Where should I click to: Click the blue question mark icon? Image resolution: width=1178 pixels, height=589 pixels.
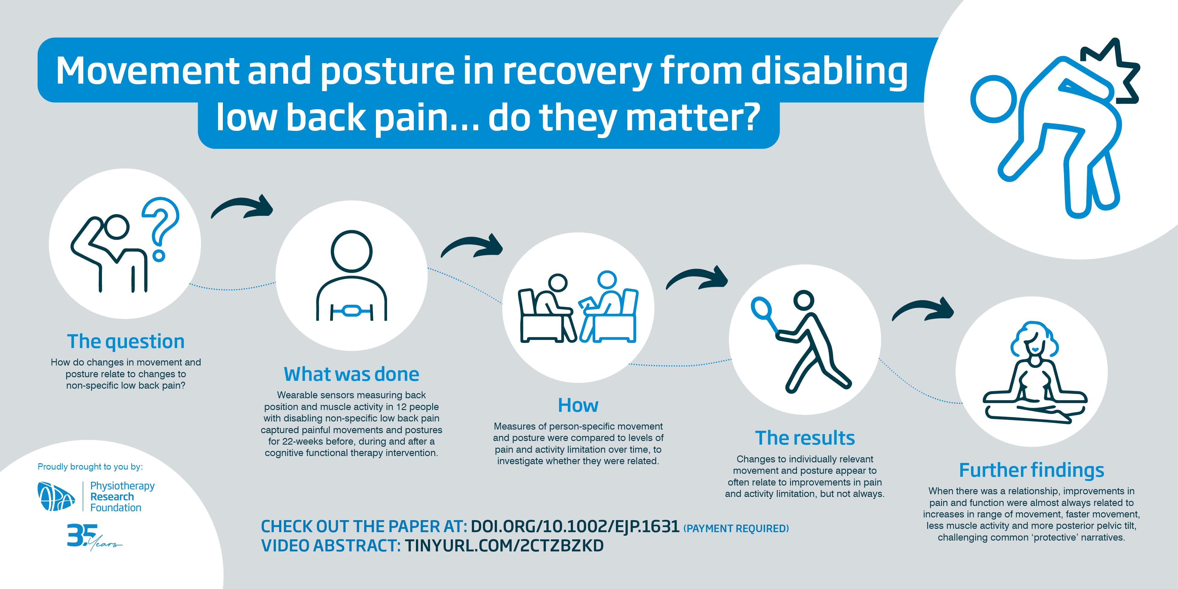pos(160,224)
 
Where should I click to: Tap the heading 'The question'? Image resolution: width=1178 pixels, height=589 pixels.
pos(126,342)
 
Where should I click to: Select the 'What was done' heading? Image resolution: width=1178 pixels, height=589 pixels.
pos(351,374)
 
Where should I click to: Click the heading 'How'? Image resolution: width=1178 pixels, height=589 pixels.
pos(578,406)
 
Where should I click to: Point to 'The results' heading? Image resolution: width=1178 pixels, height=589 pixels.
pos(805,438)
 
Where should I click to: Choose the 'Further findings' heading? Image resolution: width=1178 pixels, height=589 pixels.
pos(1031,470)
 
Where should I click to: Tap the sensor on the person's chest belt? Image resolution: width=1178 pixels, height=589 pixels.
pos(352,311)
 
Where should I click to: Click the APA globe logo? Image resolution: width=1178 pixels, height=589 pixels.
pos(56,496)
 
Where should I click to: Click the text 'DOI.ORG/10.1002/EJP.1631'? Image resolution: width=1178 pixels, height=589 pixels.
pos(575,527)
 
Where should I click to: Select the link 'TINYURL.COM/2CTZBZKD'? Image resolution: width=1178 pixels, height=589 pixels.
pos(504,546)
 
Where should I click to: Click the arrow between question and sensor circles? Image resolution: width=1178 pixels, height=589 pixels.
pos(243,208)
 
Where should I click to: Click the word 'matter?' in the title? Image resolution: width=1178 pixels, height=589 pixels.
pos(693,118)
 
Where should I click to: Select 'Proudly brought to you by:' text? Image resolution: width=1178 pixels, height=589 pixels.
pos(90,467)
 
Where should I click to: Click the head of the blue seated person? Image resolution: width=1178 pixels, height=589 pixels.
pos(607,279)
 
